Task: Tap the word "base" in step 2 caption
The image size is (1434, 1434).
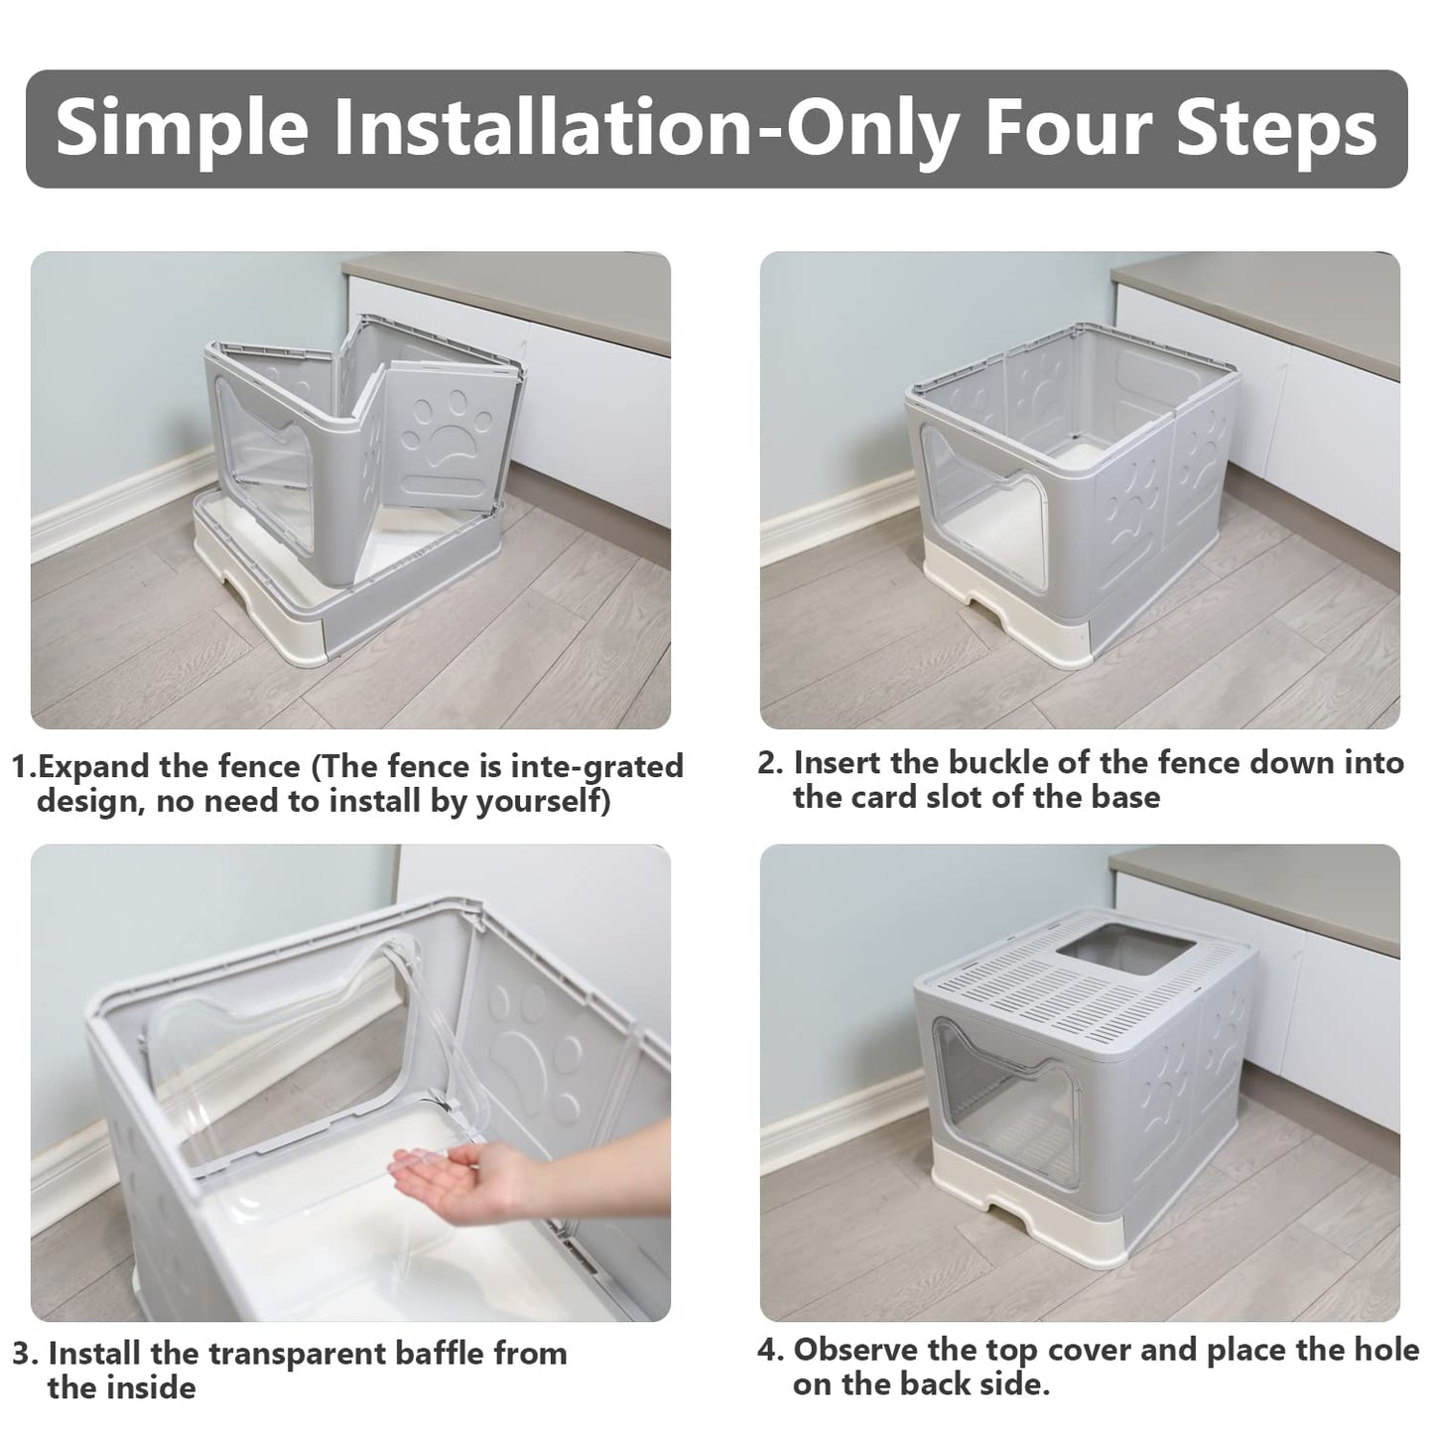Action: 1125,797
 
